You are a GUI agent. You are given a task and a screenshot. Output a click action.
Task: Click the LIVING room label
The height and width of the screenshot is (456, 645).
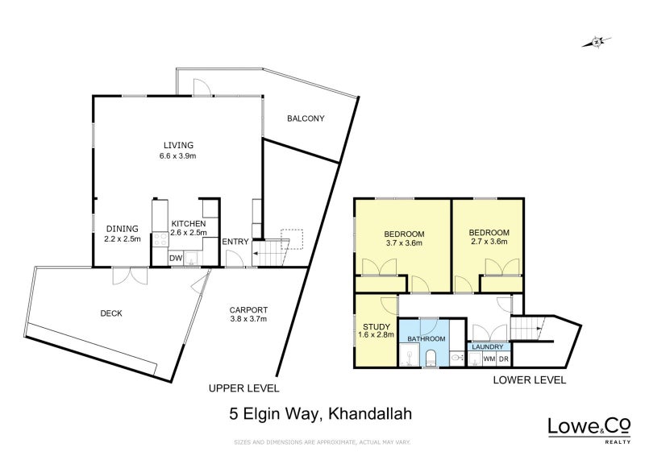pyautogui.click(x=177, y=145)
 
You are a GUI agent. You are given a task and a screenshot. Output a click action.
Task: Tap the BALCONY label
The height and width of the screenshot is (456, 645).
pyautogui.click(x=306, y=118)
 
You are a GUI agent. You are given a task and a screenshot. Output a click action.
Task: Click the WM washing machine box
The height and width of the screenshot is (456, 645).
pyautogui.click(x=489, y=359)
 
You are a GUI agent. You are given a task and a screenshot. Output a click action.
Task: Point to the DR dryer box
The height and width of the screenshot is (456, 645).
pyautogui.click(x=503, y=359)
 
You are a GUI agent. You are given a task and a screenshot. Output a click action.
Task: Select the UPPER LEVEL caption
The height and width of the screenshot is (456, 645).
pyautogui.click(x=243, y=388)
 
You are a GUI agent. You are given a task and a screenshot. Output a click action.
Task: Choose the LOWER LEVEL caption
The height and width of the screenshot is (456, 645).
pyautogui.click(x=530, y=379)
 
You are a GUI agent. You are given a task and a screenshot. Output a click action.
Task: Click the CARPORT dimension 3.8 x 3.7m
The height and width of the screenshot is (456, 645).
pyautogui.click(x=248, y=319)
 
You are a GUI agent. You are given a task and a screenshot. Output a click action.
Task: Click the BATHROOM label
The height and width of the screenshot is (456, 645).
pyautogui.click(x=426, y=340)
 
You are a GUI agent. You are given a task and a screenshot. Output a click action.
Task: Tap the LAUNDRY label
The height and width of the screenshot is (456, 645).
pyautogui.click(x=488, y=347)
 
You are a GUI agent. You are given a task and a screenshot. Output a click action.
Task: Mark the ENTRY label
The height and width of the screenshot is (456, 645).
pyautogui.click(x=235, y=241)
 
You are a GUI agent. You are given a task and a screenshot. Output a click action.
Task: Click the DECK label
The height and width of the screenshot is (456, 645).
pyautogui.click(x=111, y=313)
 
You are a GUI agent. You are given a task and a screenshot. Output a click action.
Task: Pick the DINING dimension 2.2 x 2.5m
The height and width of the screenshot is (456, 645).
pyautogui.click(x=123, y=238)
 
